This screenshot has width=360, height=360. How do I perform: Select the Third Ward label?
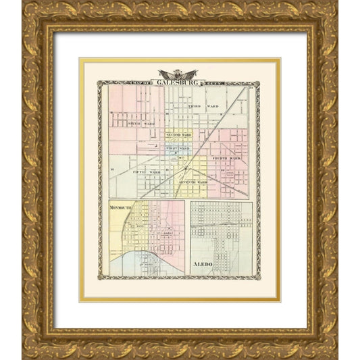click(x=203, y=107)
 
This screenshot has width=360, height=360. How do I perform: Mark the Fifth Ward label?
click(x=146, y=172)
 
